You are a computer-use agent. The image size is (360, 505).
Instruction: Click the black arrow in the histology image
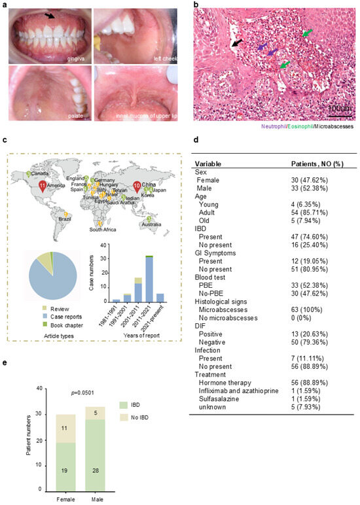coord(236,43)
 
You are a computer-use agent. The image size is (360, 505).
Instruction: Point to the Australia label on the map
coord(150,225)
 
